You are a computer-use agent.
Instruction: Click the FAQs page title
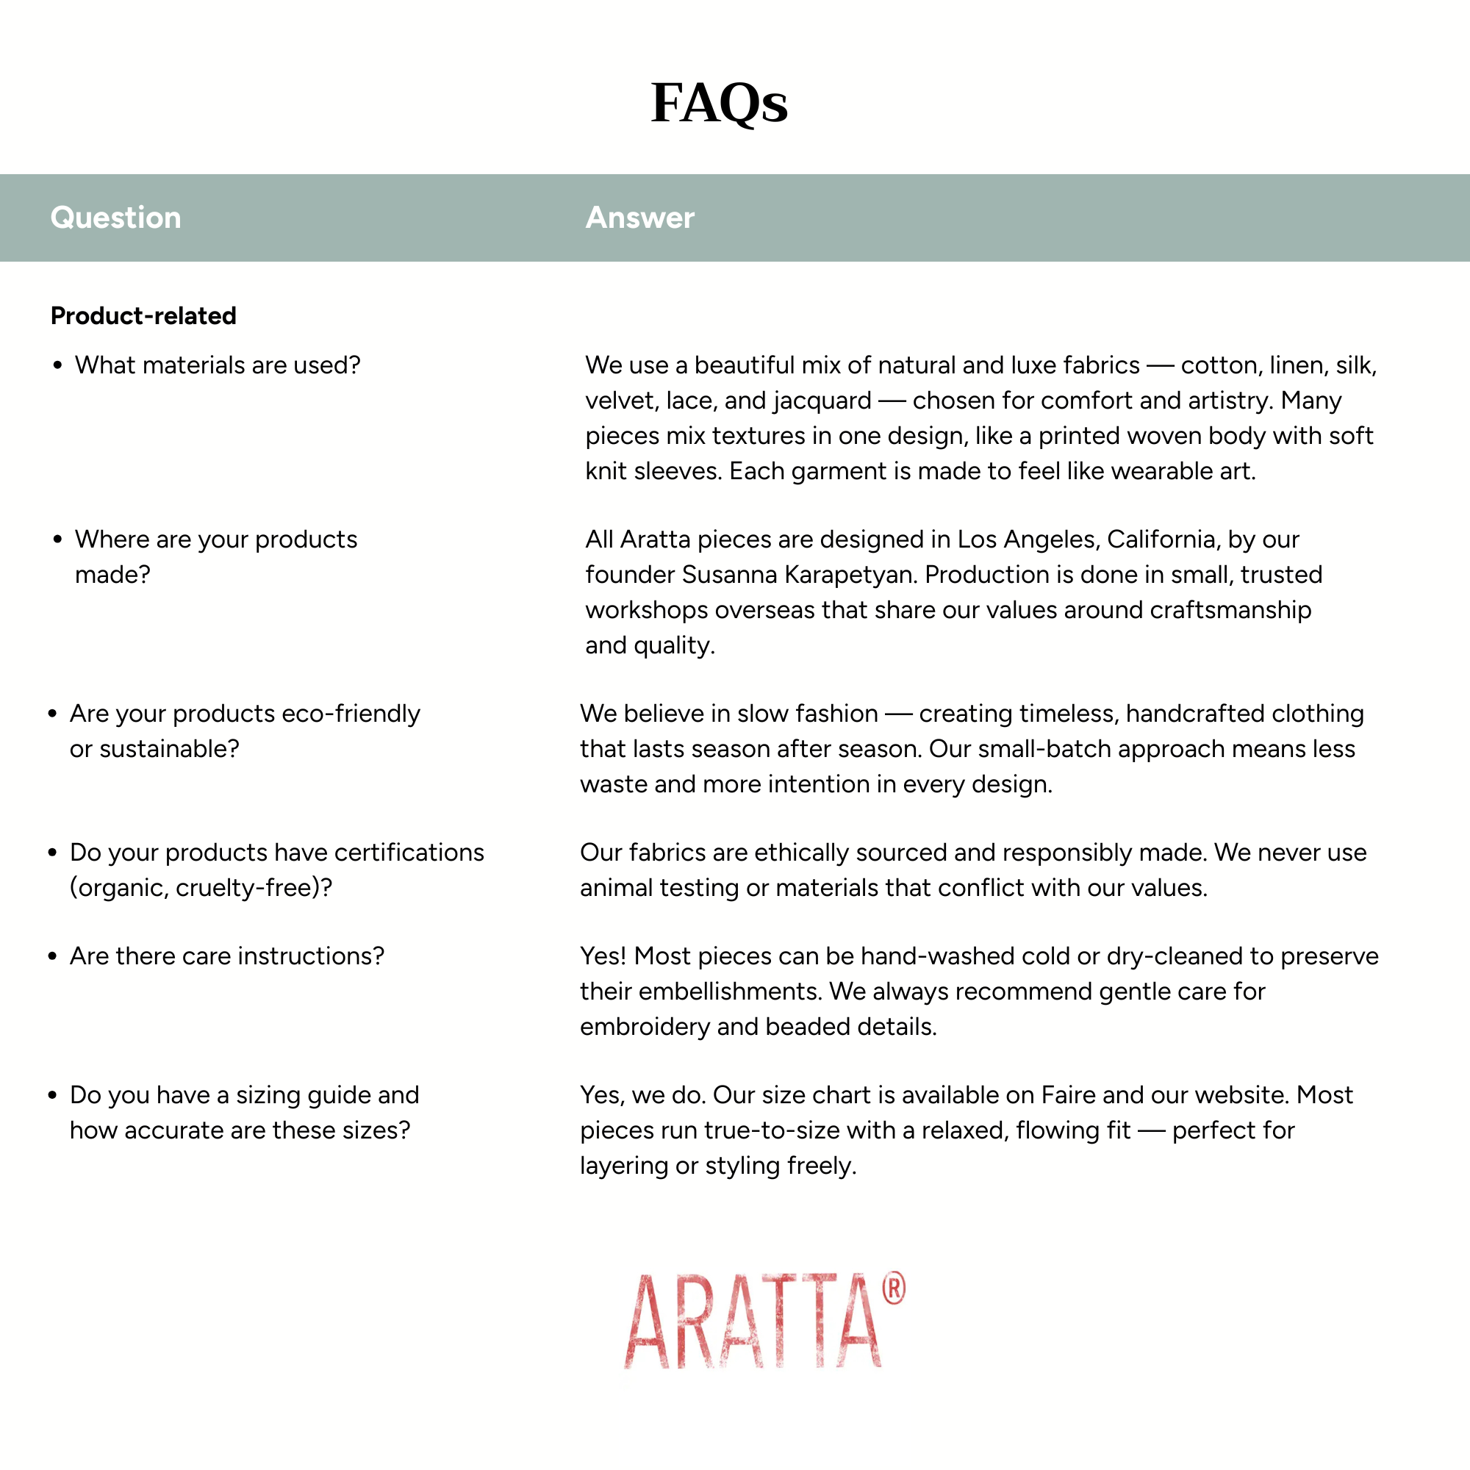tap(719, 103)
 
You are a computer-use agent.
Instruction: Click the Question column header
tap(115, 218)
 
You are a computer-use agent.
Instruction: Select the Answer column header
tap(639, 218)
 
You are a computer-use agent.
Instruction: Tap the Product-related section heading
tap(143, 316)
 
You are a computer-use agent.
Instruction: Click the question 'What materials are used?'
tap(217, 365)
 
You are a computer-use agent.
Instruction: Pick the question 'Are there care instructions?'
tap(226, 955)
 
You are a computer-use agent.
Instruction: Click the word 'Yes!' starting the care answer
tap(603, 955)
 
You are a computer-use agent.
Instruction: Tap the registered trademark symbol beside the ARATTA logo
tap(893, 1288)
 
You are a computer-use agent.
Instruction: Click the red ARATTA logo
tap(753, 1322)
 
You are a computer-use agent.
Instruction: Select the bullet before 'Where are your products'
tap(57, 539)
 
